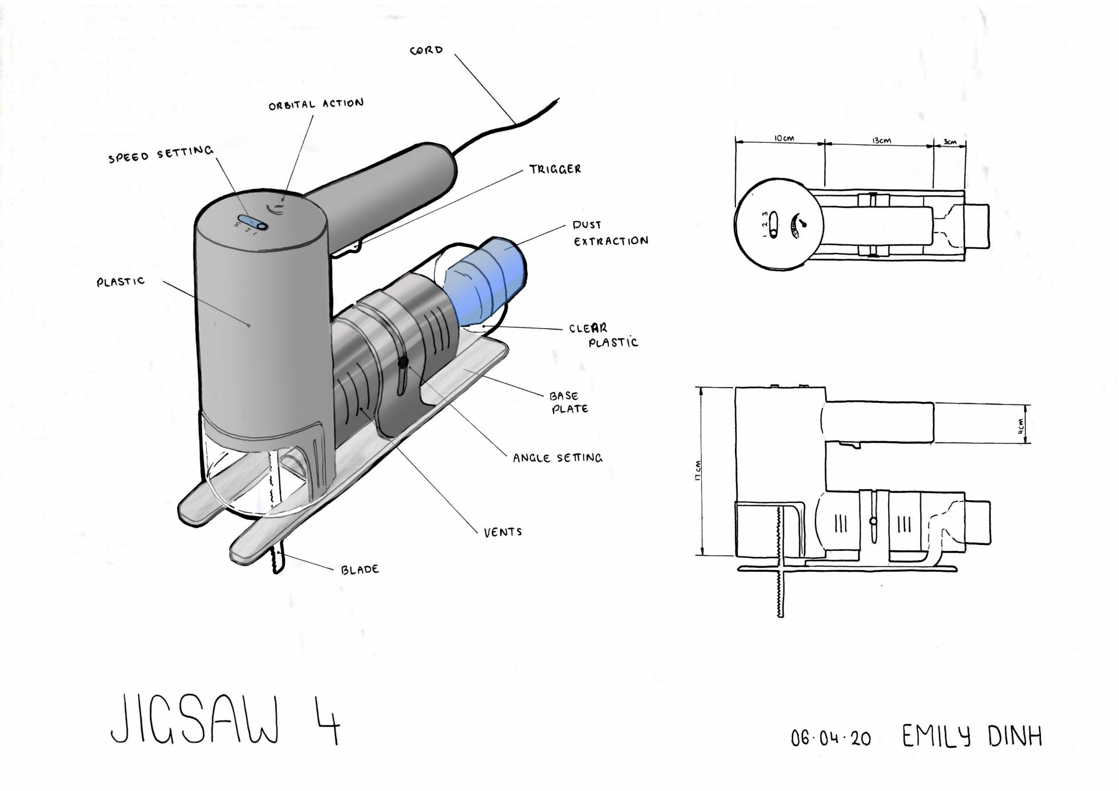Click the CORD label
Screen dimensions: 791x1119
(427, 51)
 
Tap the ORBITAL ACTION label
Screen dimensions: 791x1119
(316, 104)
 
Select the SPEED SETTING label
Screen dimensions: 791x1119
(161, 154)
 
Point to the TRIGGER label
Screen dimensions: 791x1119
(555, 169)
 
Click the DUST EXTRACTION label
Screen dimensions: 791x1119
(610, 233)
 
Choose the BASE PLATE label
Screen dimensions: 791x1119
(568, 402)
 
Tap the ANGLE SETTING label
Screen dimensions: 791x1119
(557, 458)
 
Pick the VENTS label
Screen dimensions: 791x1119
(502, 532)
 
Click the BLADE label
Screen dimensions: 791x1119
(360, 569)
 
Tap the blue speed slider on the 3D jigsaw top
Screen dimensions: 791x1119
(252, 222)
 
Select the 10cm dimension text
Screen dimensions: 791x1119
(784, 138)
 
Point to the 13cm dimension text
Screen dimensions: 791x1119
(881, 140)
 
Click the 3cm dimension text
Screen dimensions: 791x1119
(950, 142)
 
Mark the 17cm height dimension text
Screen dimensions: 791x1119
(698, 471)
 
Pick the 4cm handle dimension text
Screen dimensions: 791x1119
(1020, 424)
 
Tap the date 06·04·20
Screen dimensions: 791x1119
(831, 739)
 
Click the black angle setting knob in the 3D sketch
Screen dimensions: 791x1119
(403, 363)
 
